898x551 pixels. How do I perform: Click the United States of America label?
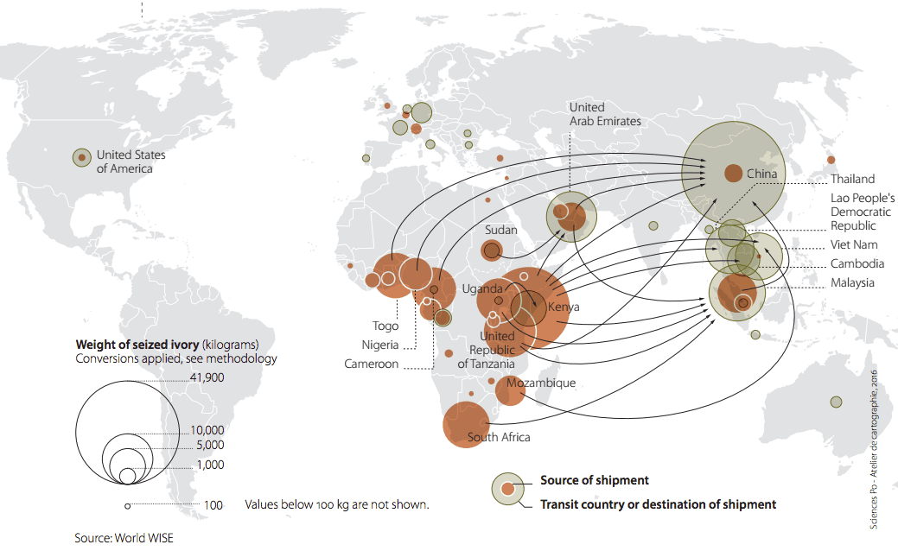[x=131, y=161]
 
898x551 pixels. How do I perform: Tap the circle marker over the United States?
[x=81, y=157]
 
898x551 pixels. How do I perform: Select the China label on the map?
[x=761, y=174]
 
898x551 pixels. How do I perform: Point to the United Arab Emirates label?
[x=604, y=114]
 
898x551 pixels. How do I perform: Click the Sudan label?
[x=501, y=231]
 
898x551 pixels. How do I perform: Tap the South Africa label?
[x=499, y=437]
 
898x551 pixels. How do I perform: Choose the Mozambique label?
[x=541, y=383]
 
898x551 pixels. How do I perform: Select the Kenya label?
[x=564, y=307]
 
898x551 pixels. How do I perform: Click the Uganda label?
[x=481, y=288]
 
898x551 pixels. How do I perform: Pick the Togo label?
[x=385, y=326]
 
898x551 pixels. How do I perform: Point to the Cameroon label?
[x=372, y=364]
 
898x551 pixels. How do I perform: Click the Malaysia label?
[x=852, y=283]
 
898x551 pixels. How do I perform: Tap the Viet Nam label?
[x=853, y=245]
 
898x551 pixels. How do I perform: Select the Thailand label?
[x=852, y=180]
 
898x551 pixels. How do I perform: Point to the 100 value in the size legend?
[x=213, y=505]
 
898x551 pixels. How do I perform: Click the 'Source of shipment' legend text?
[x=594, y=480]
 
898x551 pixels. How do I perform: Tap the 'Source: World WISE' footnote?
[x=124, y=538]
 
